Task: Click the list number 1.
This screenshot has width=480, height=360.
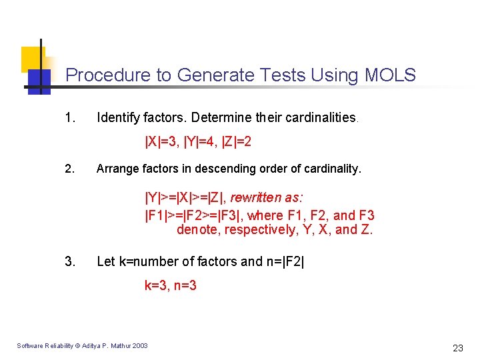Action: [x=69, y=118]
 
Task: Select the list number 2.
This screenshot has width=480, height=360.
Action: [x=69, y=169]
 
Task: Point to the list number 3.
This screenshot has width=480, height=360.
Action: [x=69, y=261]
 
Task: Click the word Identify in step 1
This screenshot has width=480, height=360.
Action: [x=117, y=118]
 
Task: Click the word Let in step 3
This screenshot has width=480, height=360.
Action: [x=106, y=261]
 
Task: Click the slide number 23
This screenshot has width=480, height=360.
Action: [x=457, y=347]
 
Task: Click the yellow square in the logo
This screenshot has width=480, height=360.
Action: [x=32, y=58]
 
